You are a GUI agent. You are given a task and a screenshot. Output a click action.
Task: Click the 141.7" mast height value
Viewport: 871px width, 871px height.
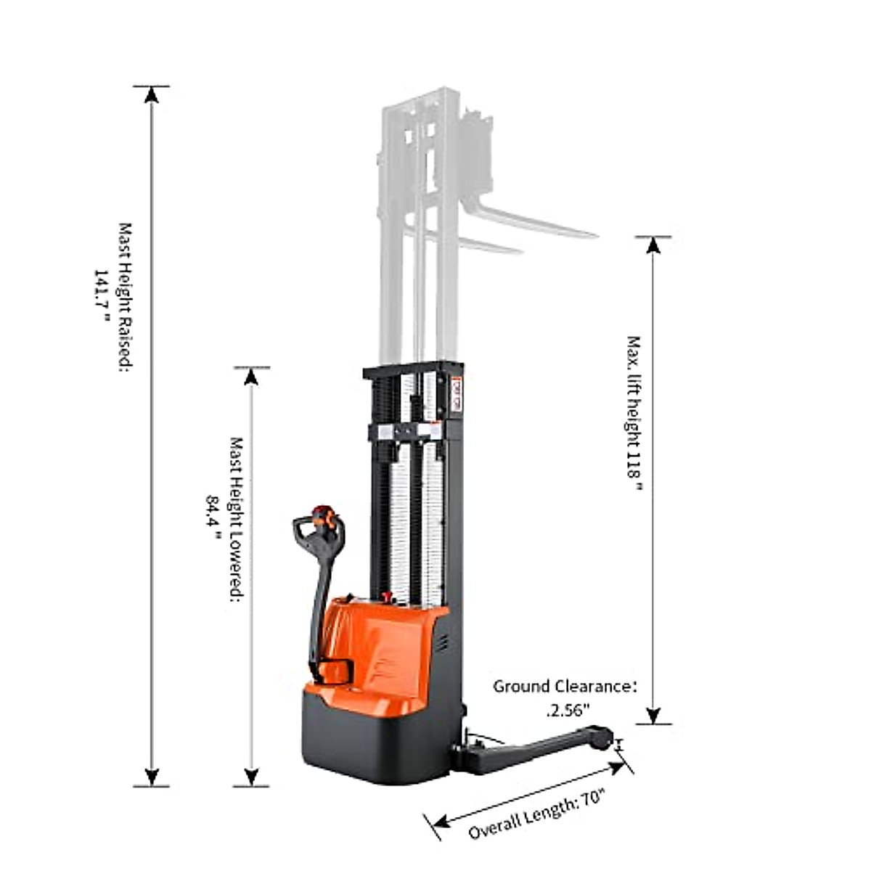[x=101, y=298]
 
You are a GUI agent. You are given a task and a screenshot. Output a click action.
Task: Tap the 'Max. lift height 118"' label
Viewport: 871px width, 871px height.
[x=634, y=414]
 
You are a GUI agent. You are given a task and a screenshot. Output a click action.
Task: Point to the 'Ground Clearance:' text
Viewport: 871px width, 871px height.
[x=565, y=686]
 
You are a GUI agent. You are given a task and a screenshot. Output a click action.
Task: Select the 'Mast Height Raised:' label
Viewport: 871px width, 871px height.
[x=125, y=298]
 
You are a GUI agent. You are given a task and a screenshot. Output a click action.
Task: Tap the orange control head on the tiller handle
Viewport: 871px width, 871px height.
[x=322, y=516]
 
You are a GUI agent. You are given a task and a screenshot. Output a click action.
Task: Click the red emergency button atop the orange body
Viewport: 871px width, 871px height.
[x=386, y=597]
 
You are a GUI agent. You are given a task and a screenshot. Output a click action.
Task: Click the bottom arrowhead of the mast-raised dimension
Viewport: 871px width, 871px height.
[x=151, y=776]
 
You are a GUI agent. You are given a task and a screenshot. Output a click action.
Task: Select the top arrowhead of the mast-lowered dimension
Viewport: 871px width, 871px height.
[x=251, y=377]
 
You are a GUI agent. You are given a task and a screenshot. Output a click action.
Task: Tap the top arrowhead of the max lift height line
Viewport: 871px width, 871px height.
[x=653, y=245]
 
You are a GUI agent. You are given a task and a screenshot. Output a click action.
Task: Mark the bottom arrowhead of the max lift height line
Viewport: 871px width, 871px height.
[x=653, y=715]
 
